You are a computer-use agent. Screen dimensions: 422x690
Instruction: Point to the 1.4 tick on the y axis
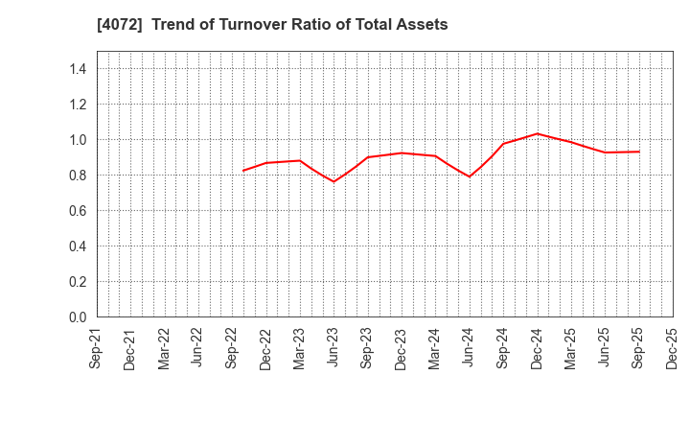coord(78,69)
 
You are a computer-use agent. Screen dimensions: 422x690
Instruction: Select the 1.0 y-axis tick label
coord(78,140)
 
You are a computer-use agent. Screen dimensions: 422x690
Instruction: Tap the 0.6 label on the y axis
coord(78,211)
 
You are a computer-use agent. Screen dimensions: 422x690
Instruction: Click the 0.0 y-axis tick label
coord(78,317)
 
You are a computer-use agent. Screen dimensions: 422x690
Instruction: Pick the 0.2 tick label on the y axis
coord(78,282)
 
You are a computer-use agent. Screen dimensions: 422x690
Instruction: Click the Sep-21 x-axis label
coord(97,350)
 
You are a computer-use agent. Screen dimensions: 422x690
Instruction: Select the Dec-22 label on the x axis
coord(265,350)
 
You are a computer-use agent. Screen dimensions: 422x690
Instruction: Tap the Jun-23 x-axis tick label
coord(333,350)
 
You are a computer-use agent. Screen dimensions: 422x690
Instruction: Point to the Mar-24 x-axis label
coord(435,350)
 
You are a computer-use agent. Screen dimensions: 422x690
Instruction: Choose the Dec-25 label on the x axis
coord(672,350)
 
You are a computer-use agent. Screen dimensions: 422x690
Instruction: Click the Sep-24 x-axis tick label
coord(503,350)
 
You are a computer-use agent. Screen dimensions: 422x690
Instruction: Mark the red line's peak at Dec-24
coord(538,133)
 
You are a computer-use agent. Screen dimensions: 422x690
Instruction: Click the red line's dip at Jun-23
coord(333,181)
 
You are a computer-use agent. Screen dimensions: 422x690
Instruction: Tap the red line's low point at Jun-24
coord(469,176)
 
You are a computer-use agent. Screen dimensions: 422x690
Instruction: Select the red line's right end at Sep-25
coord(639,152)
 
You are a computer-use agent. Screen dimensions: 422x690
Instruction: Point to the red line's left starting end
coord(243,171)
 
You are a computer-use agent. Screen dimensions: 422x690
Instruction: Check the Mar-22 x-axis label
coord(165,350)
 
